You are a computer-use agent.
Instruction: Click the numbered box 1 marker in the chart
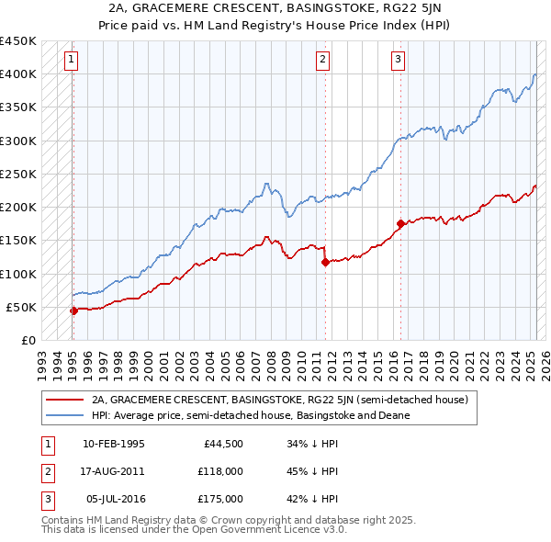pos(72,61)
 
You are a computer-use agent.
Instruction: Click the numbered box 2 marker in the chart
pos(323,61)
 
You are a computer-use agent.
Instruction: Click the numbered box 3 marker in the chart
pos(399,61)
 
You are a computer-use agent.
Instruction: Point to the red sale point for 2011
pos(325,262)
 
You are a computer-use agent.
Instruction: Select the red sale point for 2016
pos(400,223)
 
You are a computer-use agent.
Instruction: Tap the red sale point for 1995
pos(73,311)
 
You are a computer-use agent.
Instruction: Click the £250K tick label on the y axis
pos(17,174)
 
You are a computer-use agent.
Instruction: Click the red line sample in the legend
pos(64,400)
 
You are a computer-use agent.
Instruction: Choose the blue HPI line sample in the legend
pos(64,415)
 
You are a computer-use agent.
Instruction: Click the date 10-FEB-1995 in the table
pos(114,445)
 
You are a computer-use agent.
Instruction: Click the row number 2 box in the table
pos(46,471)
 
